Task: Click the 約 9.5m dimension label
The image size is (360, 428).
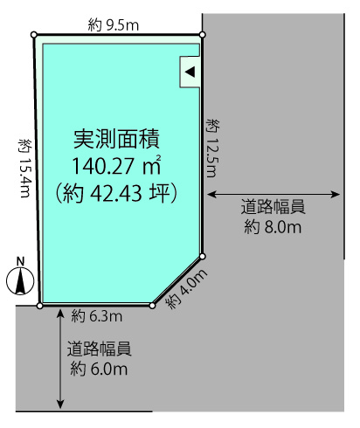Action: (114, 25)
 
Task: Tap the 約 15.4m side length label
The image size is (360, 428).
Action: (24, 168)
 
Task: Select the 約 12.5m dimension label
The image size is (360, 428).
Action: (212, 148)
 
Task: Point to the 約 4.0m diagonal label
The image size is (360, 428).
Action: (186, 288)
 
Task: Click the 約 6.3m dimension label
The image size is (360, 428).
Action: (97, 316)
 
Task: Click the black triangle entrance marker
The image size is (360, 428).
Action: (190, 72)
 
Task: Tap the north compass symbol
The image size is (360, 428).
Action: (20, 281)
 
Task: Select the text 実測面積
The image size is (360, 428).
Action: (116, 139)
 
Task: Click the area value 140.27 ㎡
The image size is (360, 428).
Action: (116, 165)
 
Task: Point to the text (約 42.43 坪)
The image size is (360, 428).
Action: (116, 193)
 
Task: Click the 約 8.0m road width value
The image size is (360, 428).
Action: (273, 227)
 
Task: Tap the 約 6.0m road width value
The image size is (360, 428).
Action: (99, 369)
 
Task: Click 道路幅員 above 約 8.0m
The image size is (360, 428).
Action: (273, 206)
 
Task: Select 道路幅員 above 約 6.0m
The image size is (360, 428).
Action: (99, 349)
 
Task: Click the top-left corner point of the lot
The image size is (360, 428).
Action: (34, 35)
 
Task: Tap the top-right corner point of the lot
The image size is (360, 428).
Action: (203, 35)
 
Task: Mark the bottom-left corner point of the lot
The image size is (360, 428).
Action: (40, 306)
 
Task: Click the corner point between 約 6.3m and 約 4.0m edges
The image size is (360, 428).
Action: (152, 306)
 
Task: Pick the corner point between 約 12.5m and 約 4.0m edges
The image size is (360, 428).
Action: (203, 257)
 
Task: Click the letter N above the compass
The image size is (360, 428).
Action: (20, 262)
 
